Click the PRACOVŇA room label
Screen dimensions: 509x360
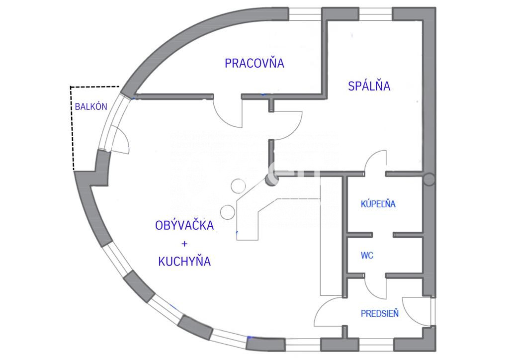(x=254, y=63)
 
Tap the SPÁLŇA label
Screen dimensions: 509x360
(x=369, y=86)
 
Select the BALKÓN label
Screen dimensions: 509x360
(x=91, y=106)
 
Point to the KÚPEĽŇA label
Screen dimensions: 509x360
(x=378, y=203)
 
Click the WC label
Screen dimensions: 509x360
(x=367, y=256)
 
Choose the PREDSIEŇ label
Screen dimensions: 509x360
(x=380, y=314)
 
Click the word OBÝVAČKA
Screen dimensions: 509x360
(x=184, y=225)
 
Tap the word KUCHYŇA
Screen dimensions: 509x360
(x=184, y=261)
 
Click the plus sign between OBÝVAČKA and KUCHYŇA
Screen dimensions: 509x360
(x=184, y=244)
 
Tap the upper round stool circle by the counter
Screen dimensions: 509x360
(x=238, y=185)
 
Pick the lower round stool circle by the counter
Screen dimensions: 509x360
(x=228, y=212)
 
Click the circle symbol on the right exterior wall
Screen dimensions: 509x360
(x=429, y=179)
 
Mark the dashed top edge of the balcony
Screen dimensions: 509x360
(x=95, y=87)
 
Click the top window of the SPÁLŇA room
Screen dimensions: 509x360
(x=376, y=14)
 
